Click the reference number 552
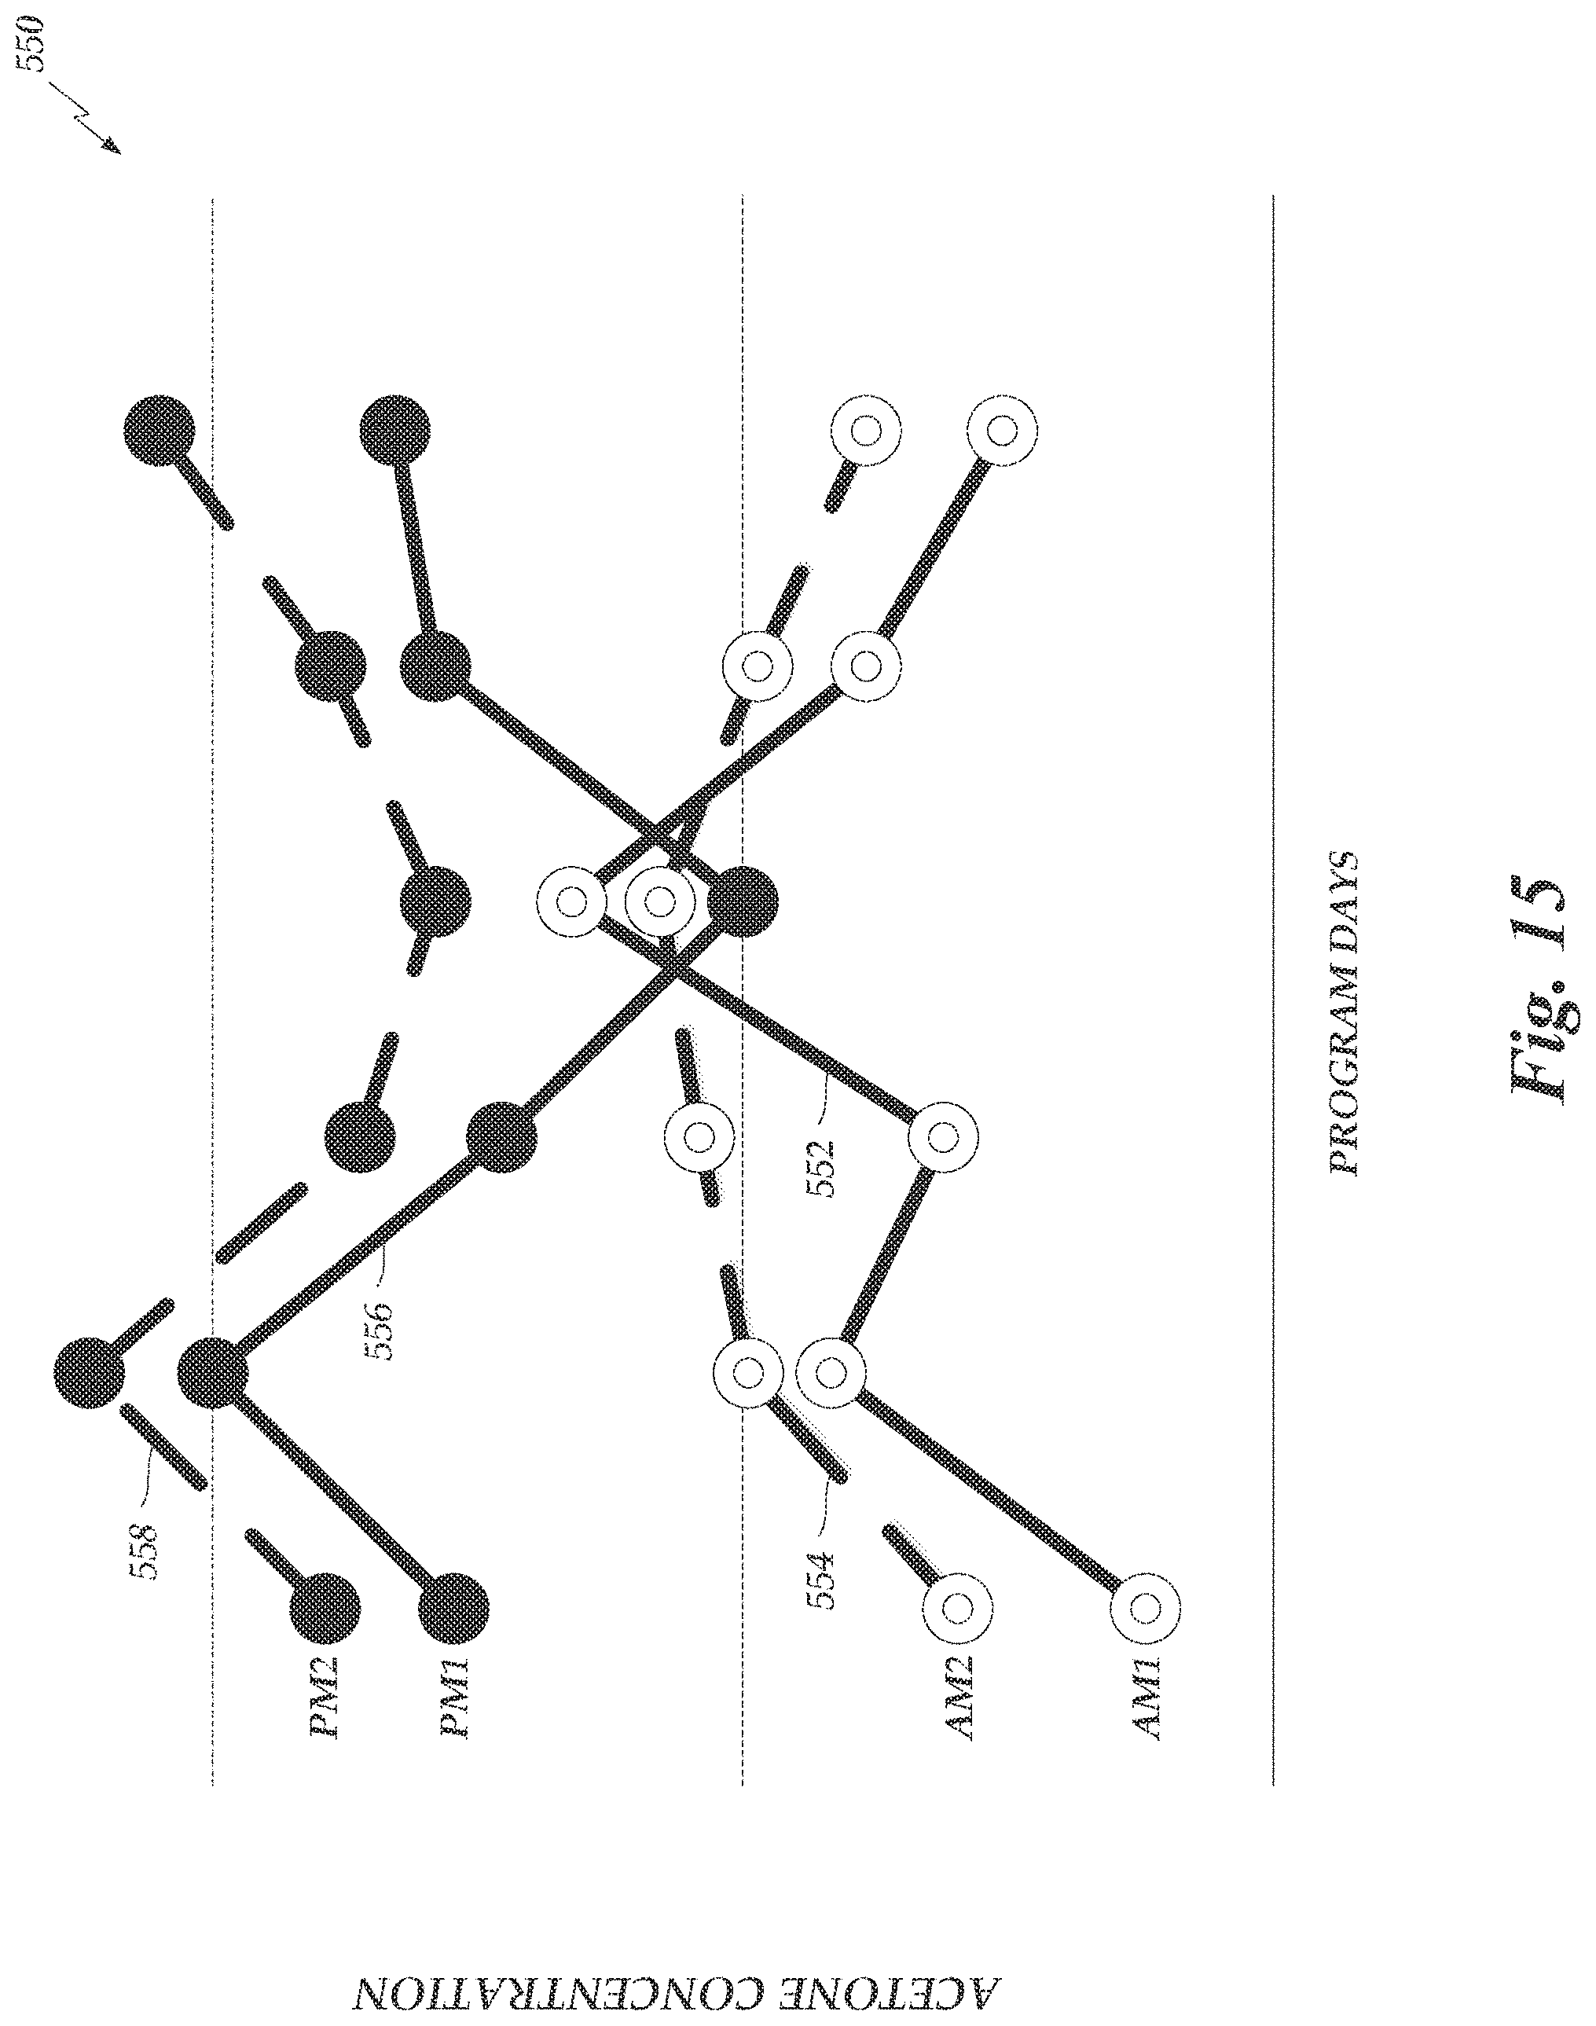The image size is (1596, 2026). [820, 1166]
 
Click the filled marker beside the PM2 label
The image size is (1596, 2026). [325, 1608]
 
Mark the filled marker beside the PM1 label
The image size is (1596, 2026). [453, 1608]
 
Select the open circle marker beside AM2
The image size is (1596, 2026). [958, 1608]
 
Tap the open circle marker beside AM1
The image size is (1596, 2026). [1147, 1608]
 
